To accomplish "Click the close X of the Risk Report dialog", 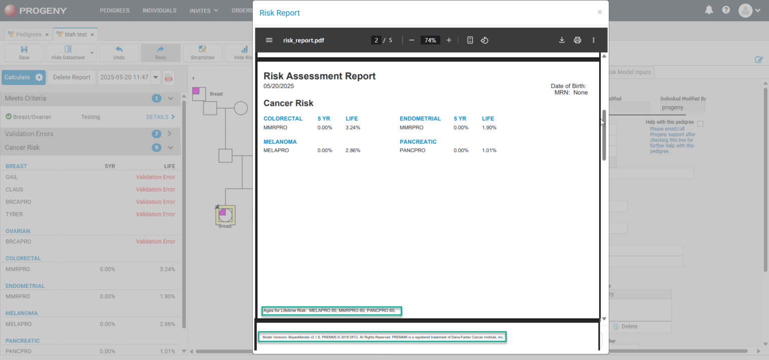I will pyautogui.click(x=599, y=12).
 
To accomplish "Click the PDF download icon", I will pyautogui.click(x=562, y=40).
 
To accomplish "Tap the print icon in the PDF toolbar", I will pyautogui.click(x=577, y=40).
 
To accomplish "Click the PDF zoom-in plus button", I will pyautogui.click(x=449, y=40).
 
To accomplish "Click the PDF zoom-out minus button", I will pyautogui.click(x=412, y=40).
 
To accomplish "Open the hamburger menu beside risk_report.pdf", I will pyautogui.click(x=269, y=40).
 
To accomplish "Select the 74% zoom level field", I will pyautogui.click(x=430, y=40).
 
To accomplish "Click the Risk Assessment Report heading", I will pyautogui.click(x=319, y=76).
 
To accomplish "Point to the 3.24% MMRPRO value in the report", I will pyautogui.click(x=352, y=128).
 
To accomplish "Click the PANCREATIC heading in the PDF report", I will pyautogui.click(x=418, y=142).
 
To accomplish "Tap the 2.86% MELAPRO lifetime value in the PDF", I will pyautogui.click(x=352, y=151).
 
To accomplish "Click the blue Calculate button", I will pyautogui.click(x=18, y=77).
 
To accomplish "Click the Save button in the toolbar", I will pyautogui.click(x=24, y=53).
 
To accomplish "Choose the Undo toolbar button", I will pyautogui.click(x=119, y=53).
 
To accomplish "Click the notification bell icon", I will pyautogui.click(x=709, y=10).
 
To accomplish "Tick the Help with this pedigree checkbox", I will pyautogui.click(x=700, y=124).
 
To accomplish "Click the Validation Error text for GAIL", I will pyautogui.click(x=156, y=177).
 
